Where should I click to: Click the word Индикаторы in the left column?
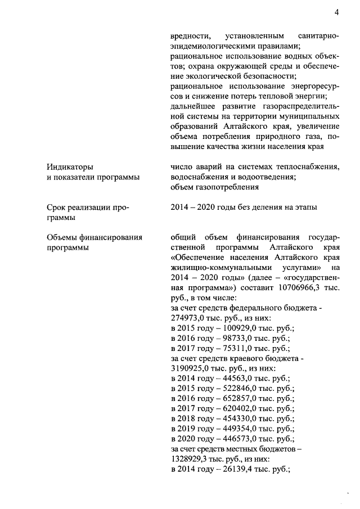coord(70,166)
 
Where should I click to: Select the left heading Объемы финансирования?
coord(93,237)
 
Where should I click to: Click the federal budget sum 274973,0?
coord(188,318)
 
